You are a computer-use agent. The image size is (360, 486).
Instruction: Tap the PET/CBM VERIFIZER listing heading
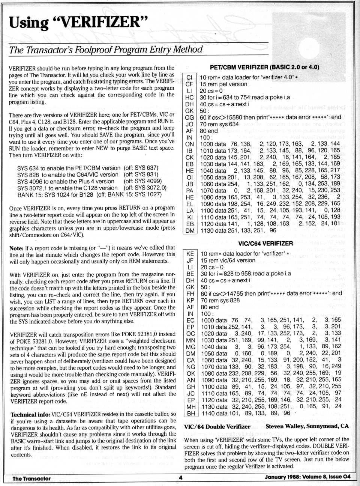264,67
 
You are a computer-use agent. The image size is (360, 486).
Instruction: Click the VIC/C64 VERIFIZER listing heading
265,244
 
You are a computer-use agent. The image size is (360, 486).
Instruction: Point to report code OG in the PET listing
190,117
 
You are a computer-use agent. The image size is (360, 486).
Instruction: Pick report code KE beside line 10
190,254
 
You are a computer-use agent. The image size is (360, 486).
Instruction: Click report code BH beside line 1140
190,413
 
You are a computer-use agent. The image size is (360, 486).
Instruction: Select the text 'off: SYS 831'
141,175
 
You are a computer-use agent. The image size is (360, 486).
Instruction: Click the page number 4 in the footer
180,478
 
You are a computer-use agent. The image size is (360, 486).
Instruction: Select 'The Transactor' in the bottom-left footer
31,478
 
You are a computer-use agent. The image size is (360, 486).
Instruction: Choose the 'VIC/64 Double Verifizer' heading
217,427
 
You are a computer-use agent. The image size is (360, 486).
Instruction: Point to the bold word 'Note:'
16,248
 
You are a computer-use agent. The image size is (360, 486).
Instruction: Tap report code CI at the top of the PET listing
189,78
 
